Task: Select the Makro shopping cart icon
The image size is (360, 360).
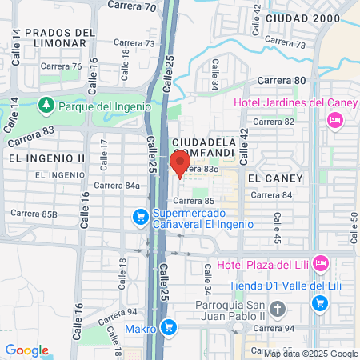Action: pos(168,326)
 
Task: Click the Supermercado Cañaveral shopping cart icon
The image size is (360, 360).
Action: pos(140,216)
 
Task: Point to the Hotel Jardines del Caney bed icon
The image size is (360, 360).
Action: pos(334,119)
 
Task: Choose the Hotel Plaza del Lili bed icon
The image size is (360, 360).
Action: pos(320,262)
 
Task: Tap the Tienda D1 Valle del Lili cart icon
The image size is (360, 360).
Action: pos(320,303)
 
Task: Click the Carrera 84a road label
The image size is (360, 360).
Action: pos(117,186)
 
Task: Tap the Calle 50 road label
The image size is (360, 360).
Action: pos(354,226)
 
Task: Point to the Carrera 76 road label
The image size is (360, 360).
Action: pos(66,66)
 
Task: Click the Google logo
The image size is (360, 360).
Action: pos(26,350)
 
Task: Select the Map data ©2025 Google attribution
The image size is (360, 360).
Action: pos(311,354)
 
